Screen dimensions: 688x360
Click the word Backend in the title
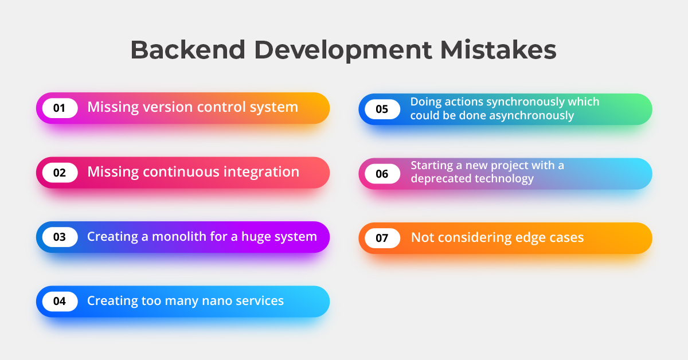[x=188, y=50]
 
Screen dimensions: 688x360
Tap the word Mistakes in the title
[x=498, y=50]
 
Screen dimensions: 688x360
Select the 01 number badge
[x=60, y=108]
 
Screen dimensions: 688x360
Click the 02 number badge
[x=60, y=173]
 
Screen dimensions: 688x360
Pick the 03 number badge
[x=60, y=237]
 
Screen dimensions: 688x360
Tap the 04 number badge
[x=60, y=302]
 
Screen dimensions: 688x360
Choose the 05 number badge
[x=382, y=109]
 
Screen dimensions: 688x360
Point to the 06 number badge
[x=382, y=174]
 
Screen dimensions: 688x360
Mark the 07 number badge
[x=382, y=238]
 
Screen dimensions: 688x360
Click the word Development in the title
[x=343, y=50]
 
